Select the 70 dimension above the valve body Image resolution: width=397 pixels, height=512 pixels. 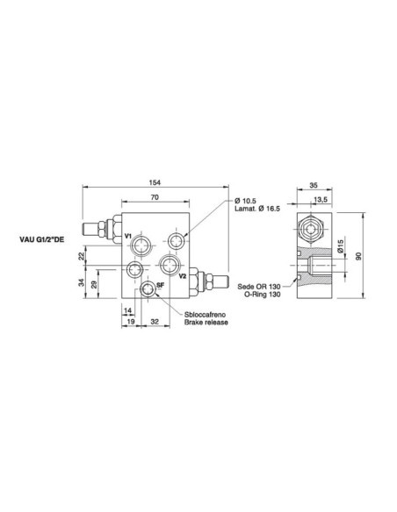point(154,199)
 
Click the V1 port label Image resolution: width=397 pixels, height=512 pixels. point(128,237)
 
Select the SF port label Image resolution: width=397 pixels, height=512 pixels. point(161,286)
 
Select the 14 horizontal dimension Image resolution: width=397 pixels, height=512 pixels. point(128,311)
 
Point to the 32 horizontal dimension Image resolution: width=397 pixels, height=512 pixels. point(155,323)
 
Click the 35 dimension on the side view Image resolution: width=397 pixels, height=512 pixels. point(314,185)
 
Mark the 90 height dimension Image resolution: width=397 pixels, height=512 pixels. point(359,257)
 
